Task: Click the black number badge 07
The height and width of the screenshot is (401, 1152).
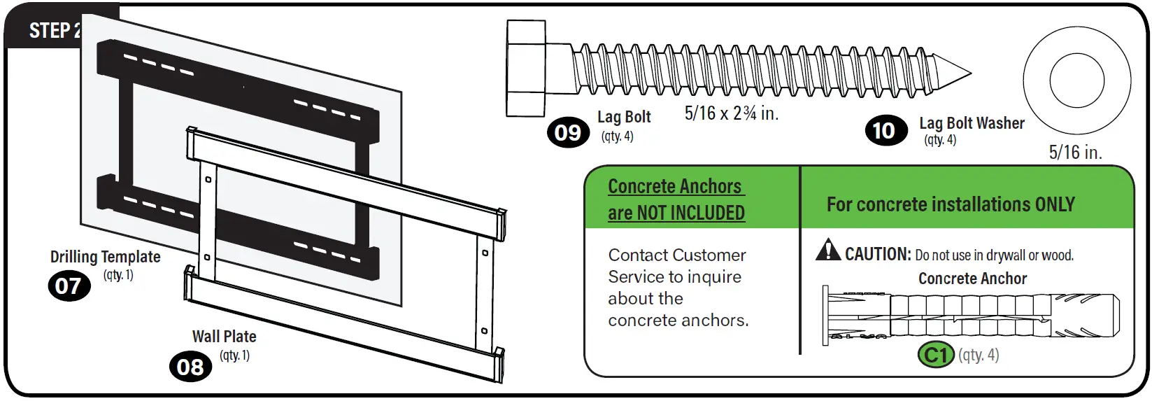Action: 69,286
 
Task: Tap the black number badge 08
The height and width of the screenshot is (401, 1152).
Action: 190,367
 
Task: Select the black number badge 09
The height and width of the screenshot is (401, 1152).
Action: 567,132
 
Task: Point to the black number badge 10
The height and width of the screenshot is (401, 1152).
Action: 883,131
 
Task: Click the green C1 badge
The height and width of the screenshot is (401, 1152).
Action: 935,355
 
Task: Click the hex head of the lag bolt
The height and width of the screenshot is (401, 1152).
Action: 526,68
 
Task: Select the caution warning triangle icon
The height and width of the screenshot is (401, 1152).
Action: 828,250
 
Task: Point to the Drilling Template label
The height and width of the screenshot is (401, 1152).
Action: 105,257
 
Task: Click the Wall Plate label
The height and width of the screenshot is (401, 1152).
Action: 224,337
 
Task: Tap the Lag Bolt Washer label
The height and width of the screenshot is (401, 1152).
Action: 972,123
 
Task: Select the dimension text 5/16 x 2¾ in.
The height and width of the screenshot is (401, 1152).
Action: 731,113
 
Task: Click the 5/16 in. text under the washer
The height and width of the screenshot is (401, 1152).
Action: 1075,153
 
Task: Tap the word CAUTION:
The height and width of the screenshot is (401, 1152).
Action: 877,254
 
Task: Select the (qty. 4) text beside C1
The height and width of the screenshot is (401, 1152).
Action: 979,355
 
